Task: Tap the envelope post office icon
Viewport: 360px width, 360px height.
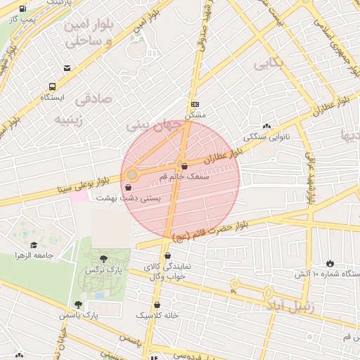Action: pos(67,68)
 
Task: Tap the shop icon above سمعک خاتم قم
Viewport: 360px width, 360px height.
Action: pos(184,167)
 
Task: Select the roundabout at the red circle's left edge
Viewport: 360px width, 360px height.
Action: pos(132,174)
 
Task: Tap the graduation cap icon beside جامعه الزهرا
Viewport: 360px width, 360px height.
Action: pos(34,245)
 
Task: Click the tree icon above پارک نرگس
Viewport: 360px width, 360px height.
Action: pos(104,259)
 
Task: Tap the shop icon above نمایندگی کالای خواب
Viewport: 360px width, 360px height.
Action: pos(167,256)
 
